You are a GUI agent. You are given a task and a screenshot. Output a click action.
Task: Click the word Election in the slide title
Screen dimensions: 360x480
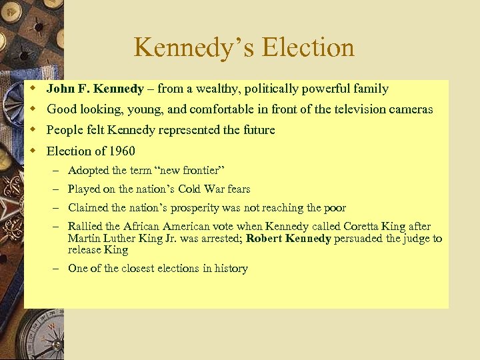[309, 48]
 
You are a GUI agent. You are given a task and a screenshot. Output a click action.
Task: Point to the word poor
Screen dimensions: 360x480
[334, 208]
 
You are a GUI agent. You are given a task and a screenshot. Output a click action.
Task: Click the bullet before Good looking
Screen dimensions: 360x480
[31, 109]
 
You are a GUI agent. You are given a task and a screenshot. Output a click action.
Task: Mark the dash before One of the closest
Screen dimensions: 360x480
[55, 269]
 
